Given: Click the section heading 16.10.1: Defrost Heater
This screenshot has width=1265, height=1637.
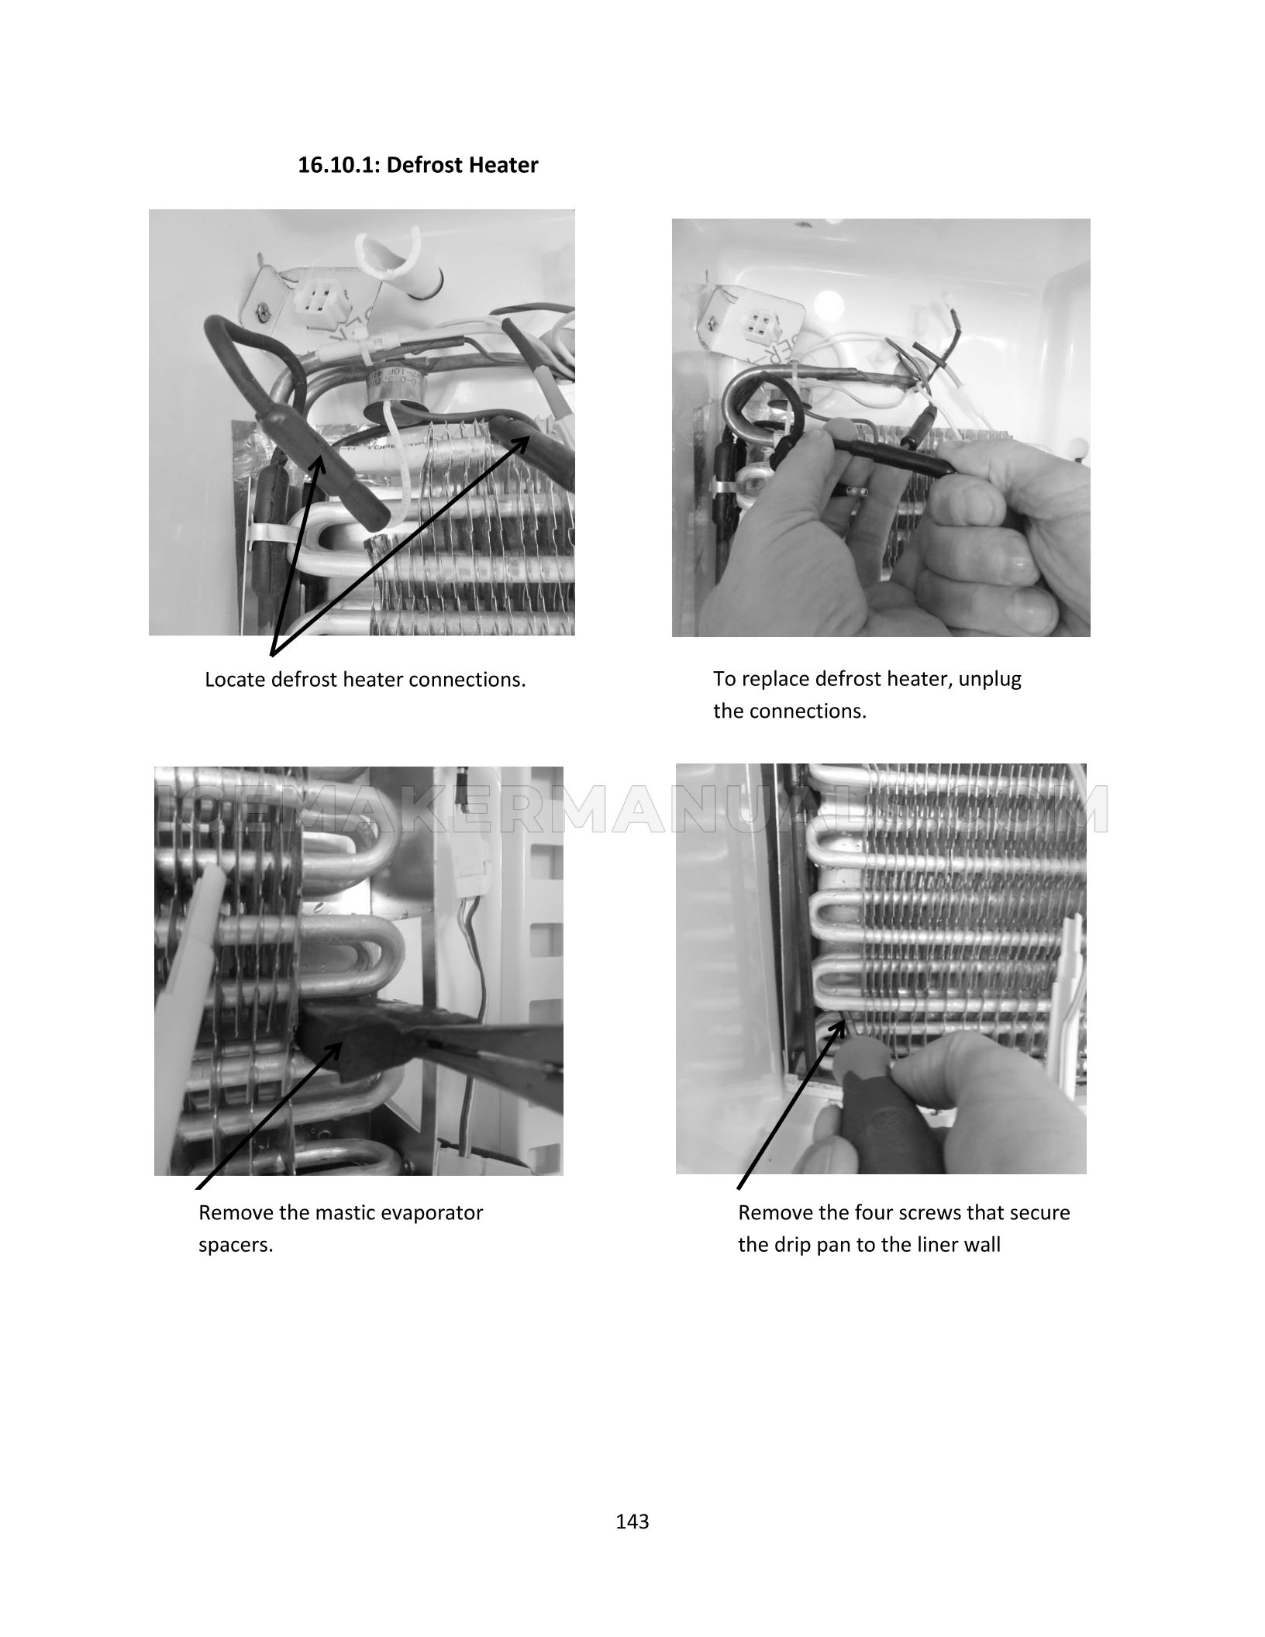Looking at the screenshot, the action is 418,165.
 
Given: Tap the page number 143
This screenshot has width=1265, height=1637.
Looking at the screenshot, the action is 632,1522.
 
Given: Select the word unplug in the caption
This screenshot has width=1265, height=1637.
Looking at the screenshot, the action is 993,680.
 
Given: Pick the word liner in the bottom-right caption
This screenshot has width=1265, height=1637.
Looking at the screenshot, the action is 934,1246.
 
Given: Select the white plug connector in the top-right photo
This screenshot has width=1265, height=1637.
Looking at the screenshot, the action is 759,323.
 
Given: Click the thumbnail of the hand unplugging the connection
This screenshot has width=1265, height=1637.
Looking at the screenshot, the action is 881,428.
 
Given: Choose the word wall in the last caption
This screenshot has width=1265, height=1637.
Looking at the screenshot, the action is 981,1246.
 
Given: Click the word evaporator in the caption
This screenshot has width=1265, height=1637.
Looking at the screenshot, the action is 426,1213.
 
